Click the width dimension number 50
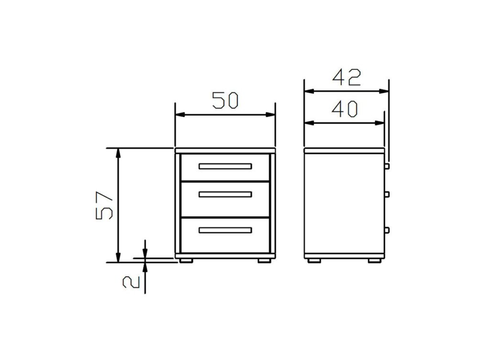click(225, 100)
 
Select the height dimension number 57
click(104, 206)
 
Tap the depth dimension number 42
click(347, 77)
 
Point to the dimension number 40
click(345, 109)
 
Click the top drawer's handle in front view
click(225, 166)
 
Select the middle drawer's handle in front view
click(225, 194)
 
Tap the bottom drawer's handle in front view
click(225, 230)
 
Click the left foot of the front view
click(186, 261)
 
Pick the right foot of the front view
click(265, 261)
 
